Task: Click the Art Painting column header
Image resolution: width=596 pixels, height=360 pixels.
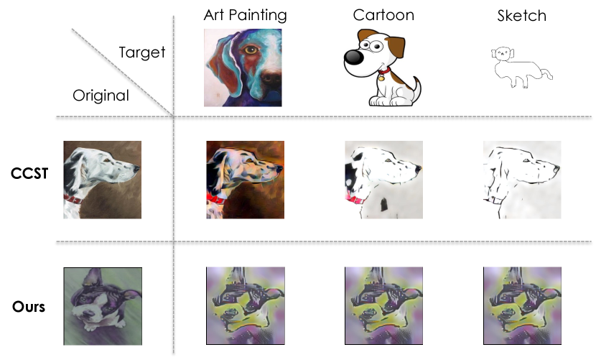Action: pos(245,15)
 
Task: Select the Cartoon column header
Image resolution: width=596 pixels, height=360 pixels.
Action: pos(383,15)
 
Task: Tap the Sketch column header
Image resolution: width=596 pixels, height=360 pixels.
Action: pos(522,16)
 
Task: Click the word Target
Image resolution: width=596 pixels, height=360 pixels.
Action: pos(141,52)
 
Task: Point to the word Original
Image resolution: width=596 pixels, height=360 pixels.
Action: pos(101,96)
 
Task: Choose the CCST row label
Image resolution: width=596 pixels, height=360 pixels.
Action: pos(29,173)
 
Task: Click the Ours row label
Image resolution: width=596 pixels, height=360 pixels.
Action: pos(29,307)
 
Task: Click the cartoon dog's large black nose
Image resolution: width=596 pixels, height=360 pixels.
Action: pos(353,57)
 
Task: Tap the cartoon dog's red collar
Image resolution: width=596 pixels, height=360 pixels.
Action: pos(384,71)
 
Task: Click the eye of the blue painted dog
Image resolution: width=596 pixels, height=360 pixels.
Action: pos(251,50)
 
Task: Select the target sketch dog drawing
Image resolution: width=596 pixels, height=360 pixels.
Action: pos(521,68)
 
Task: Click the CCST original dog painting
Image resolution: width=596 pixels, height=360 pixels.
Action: pos(102,180)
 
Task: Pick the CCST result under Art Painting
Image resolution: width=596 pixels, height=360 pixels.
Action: pos(245,180)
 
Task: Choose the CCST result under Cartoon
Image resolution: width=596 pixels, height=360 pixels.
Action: pos(383,180)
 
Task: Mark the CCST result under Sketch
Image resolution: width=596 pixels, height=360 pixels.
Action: pos(522,180)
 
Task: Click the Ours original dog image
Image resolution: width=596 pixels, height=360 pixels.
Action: pos(103,306)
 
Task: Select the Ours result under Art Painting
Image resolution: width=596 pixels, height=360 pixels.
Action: pos(246,306)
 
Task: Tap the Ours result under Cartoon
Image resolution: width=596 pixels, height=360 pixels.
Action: pos(383,306)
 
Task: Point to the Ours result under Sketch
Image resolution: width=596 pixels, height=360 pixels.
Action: pos(522,306)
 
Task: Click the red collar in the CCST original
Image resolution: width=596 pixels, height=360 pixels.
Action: pos(73,199)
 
